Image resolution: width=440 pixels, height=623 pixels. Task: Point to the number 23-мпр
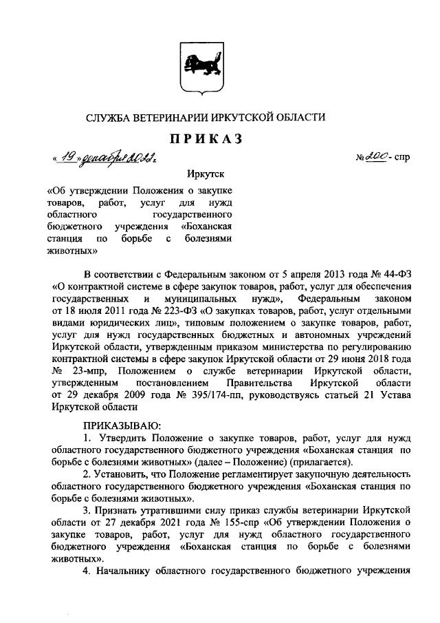[x=89, y=370]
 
